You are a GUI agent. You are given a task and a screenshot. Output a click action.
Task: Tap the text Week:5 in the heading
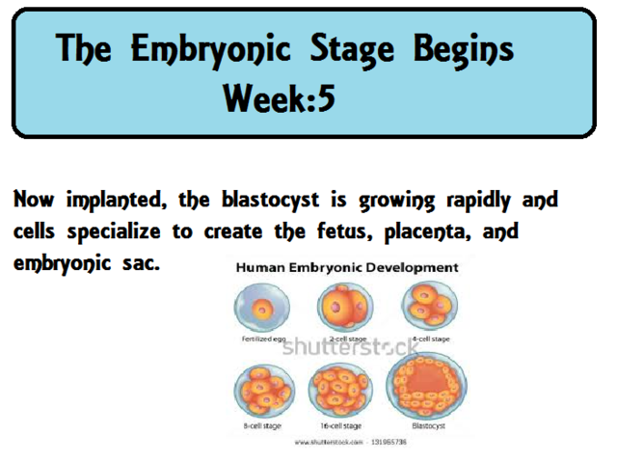pyautogui.click(x=279, y=96)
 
